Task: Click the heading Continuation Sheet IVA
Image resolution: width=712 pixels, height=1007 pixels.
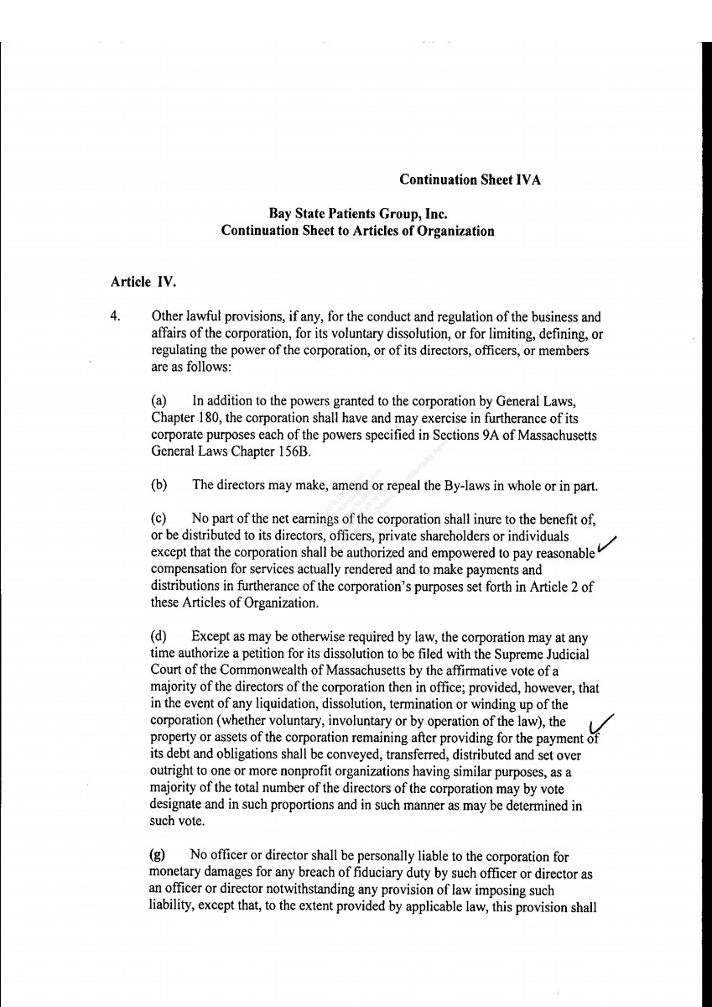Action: (x=470, y=180)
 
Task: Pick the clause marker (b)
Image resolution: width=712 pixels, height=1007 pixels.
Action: (x=159, y=484)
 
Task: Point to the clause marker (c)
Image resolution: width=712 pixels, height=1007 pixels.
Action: (x=159, y=520)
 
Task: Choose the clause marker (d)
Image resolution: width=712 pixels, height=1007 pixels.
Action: (x=159, y=637)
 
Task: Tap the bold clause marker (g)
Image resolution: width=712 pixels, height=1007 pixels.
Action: (x=157, y=856)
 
